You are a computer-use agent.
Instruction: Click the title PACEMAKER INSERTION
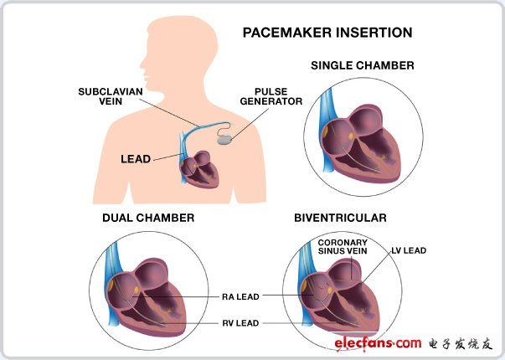[x=327, y=33]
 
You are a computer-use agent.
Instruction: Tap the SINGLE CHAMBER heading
[x=363, y=65]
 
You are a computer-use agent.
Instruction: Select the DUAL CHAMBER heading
[x=148, y=218]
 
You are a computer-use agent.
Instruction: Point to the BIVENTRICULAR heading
[x=340, y=218]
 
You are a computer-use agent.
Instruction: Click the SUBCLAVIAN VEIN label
[x=111, y=96]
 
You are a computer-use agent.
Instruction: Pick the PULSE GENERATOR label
[x=271, y=96]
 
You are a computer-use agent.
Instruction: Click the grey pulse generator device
[x=224, y=140]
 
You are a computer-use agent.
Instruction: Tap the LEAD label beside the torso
[x=136, y=159]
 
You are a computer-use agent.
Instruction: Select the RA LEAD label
[x=240, y=297]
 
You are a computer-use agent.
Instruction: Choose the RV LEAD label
[x=240, y=323]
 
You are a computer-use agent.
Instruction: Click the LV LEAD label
[x=409, y=250]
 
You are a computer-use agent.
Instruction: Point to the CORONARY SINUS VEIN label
[x=343, y=247]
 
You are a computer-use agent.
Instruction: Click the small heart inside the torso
[x=199, y=170]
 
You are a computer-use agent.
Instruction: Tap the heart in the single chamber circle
[x=361, y=144]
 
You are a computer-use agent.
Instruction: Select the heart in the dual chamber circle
[x=147, y=297]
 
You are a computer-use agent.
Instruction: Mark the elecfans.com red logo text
[x=378, y=343]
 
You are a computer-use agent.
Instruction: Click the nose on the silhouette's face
[x=142, y=64]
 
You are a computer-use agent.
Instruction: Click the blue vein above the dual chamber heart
[x=113, y=258]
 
